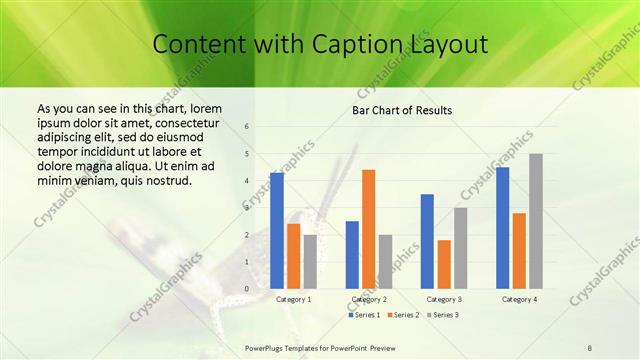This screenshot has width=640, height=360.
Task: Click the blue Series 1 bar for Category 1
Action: (277, 231)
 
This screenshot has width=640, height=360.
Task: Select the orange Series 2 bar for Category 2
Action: (369, 229)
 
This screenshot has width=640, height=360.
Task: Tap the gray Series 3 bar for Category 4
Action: (536, 221)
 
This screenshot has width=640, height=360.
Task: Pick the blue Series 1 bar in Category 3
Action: (427, 241)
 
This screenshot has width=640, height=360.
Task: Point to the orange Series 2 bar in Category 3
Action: (444, 264)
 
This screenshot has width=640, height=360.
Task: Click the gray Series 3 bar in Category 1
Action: (310, 262)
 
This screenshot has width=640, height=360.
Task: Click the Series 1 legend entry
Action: (364, 315)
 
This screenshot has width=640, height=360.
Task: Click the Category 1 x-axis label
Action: (293, 299)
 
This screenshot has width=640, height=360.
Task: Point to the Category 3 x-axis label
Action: (444, 299)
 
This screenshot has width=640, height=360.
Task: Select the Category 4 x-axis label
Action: (519, 299)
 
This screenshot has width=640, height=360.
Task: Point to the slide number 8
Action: (590, 347)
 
